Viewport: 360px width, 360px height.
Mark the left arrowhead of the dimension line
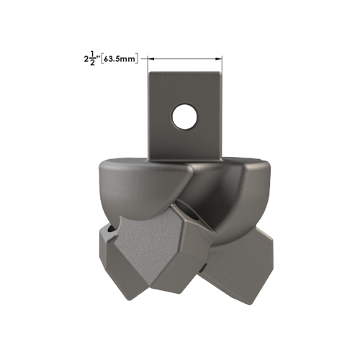point(153,60)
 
